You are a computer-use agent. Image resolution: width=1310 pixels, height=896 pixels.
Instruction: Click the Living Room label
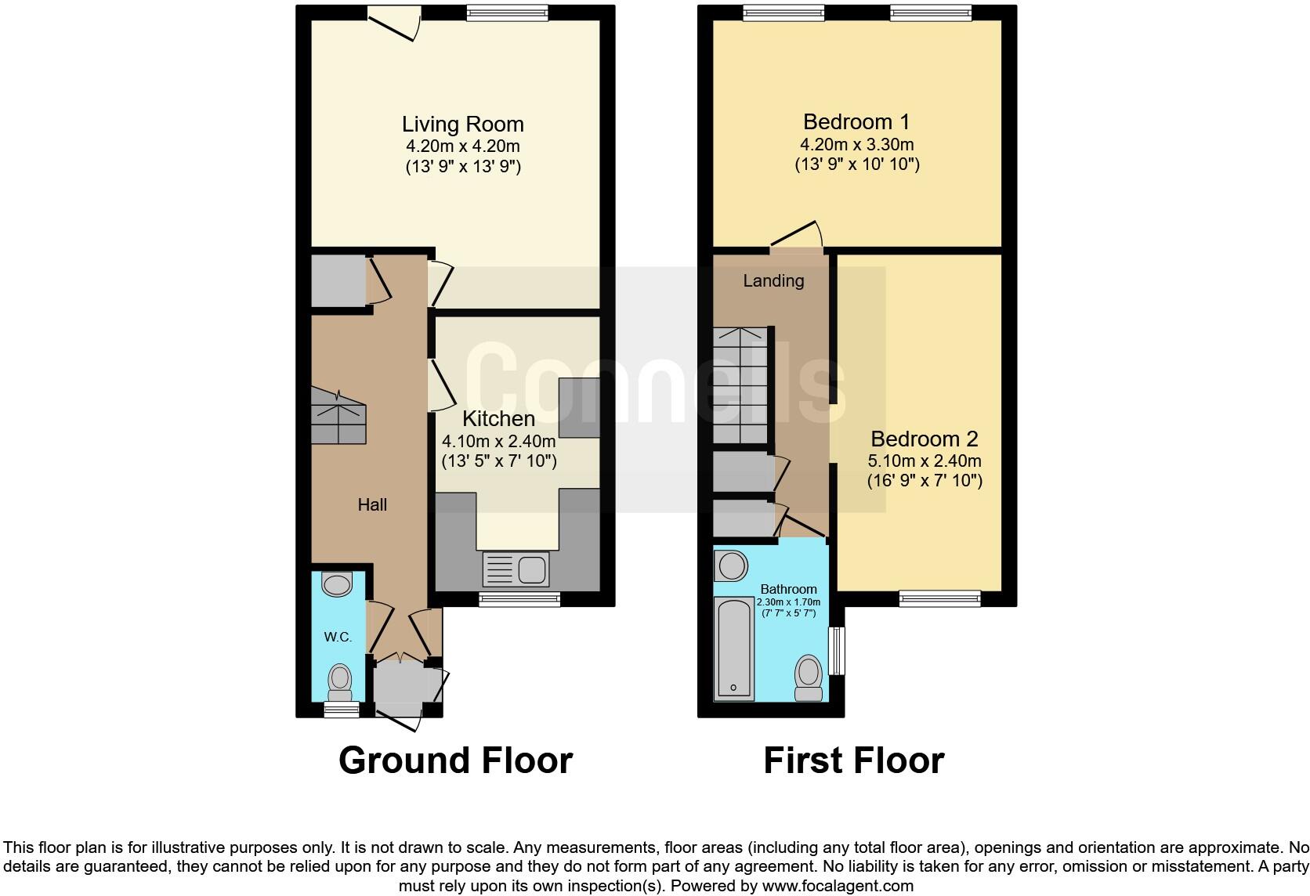coord(462,125)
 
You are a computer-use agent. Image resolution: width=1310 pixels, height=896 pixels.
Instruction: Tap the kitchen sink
coord(516,569)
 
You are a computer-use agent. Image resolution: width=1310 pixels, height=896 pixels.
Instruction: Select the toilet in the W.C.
coord(339,681)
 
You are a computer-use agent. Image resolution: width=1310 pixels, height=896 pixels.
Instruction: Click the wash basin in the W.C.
coord(338,584)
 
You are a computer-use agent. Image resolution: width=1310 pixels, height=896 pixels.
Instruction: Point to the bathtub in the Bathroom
coord(734,649)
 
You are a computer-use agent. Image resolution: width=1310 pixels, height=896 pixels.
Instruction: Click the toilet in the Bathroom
coord(809,678)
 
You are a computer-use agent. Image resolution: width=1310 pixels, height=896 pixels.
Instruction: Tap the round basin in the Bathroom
coord(732,565)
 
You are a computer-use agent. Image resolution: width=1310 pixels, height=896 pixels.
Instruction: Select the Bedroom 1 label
coord(856,122)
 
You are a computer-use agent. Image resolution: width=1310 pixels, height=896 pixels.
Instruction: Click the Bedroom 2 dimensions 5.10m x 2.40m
coord(925,461)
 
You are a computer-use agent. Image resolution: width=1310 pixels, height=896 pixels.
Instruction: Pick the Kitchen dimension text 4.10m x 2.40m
coord(499,441)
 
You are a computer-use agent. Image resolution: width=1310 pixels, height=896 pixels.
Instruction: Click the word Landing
coord(773,280)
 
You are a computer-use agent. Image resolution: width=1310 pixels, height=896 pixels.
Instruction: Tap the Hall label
coord(372,505)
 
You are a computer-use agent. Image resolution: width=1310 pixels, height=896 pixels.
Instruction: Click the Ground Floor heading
coord(455,761)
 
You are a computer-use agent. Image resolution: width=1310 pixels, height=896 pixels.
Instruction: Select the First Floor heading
coord(853,761)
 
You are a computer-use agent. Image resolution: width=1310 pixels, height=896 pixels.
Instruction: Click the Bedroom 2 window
coord(939,598)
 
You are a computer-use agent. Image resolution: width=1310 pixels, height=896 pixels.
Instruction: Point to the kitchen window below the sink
coord(519,599)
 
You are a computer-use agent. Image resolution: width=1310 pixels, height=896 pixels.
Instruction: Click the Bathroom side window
coord(838,650)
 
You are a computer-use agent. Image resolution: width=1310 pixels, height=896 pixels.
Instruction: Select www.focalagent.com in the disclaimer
coord(838,887)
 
